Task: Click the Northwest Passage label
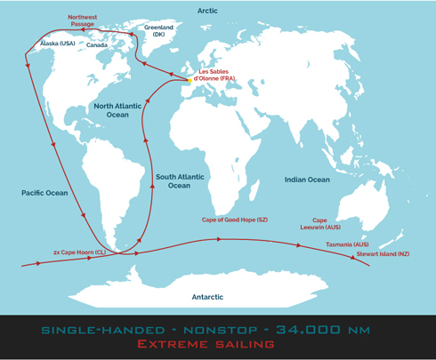pyautogui.click(x=83, y=21)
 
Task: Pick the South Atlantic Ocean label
pyautogui.click(x=179, y=181)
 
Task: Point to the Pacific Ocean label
pyautogui.click(x=44, y=192)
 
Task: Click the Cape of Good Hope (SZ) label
pyautogui.click(x=235, y=219)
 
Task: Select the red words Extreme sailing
pyautogui.click(x=218, y=344)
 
